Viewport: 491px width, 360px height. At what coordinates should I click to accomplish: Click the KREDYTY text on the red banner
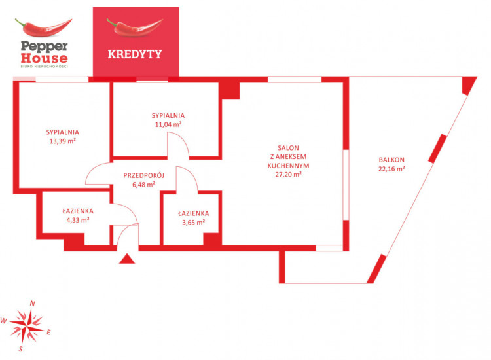(x=135, y=54)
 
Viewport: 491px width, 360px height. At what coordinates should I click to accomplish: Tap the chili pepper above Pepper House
(x=43, y=27)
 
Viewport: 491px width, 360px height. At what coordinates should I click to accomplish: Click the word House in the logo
(x=44, y=58)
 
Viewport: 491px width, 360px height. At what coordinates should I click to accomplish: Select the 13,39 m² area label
(x=63, y=141)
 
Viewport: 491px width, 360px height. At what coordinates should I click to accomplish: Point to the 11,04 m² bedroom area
(x=168, y=124)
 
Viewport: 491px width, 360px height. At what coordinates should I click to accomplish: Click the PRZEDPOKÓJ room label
(x=144, y=175)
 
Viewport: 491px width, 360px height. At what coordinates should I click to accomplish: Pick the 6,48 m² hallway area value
(x=144, y=185)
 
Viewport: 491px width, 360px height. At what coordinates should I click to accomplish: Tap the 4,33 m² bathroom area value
(x=78, y=220)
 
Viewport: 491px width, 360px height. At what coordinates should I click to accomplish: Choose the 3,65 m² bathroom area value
(x=194, y=223)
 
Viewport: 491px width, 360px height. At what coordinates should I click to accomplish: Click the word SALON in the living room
(x=289, y=148)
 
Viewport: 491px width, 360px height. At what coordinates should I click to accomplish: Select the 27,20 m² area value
(x=289, y=174)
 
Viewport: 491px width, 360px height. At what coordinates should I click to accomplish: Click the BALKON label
(x=391, y=160)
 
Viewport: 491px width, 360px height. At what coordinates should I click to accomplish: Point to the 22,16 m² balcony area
(x=391, y=169)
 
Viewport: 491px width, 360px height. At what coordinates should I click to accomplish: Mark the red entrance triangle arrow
(x=127, y=259)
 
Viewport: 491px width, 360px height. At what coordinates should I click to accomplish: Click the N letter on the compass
(x=32, y=303)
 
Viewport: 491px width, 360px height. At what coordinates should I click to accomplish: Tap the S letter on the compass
(x=21, y=349)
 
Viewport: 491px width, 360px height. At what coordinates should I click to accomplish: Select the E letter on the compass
(x=48, y=333)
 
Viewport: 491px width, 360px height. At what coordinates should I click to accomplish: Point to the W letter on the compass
(x=4, y=321)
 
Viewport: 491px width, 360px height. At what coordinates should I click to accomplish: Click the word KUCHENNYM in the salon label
(x=289, y=166)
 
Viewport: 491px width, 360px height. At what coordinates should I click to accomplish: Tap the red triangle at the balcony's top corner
(x=468, y=83)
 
